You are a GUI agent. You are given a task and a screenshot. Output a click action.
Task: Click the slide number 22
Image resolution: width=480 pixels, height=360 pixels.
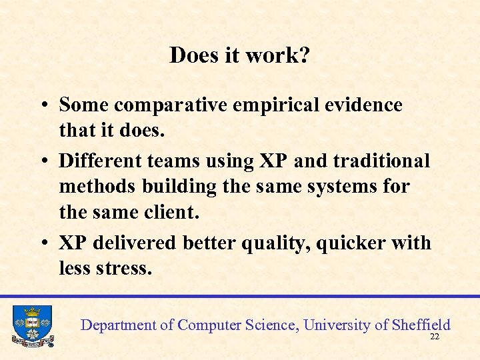coord(435,337)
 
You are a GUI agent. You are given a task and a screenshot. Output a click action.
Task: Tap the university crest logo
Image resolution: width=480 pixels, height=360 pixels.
coord(32,325)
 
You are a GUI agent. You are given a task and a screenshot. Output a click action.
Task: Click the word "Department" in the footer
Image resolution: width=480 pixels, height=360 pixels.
coord(118,325)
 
